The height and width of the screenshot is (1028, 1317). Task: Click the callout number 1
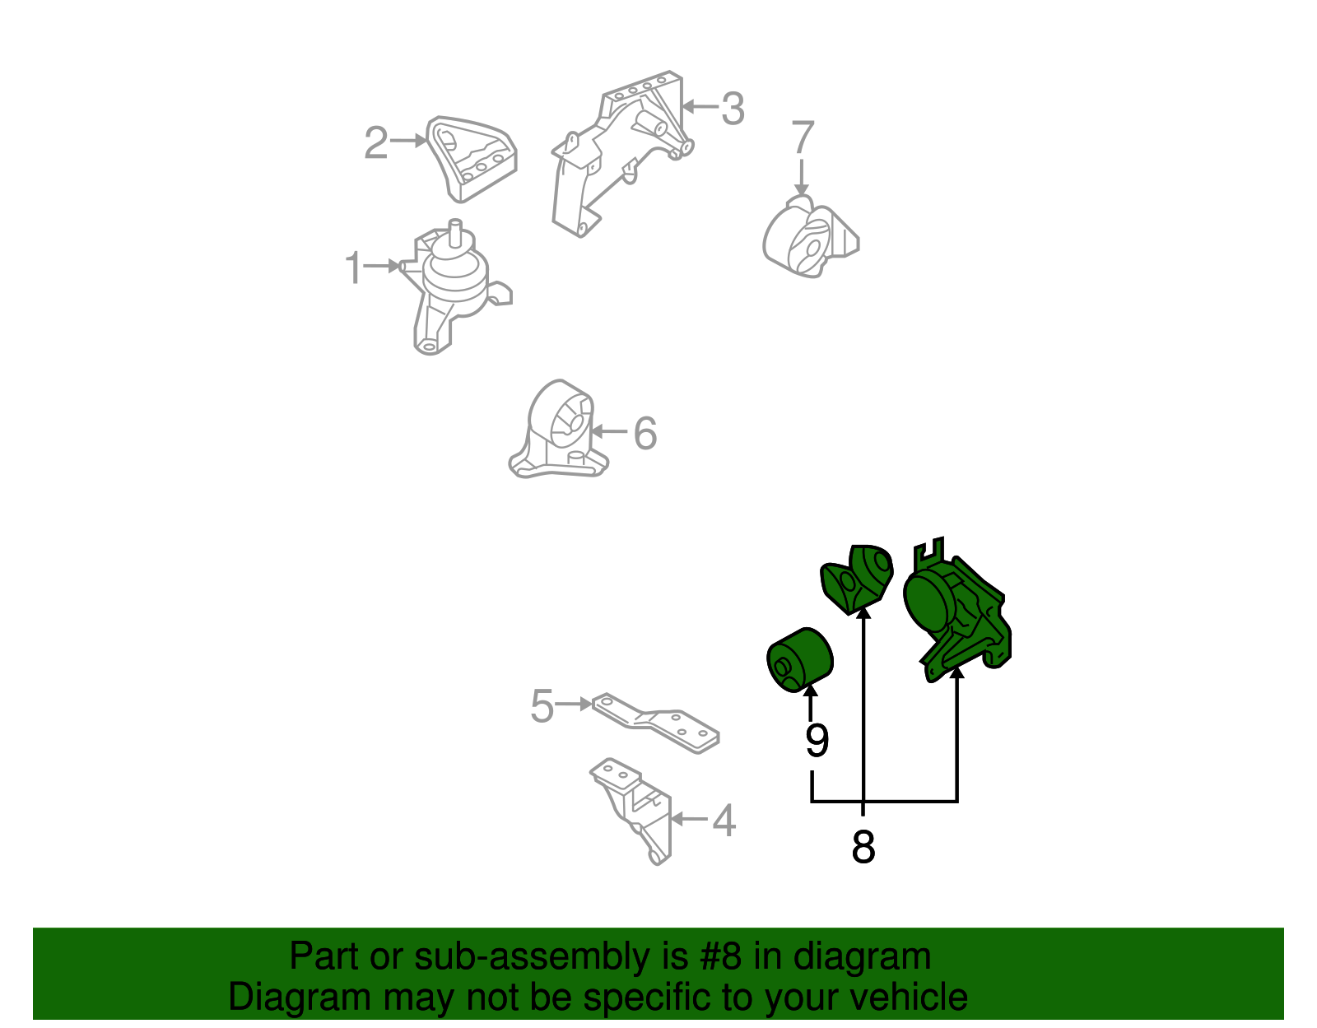(353, 267)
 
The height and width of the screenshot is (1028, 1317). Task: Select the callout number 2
(376, 143)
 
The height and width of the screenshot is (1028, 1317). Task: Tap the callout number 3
(733, 109)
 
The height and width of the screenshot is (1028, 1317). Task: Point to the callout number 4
(724, 821)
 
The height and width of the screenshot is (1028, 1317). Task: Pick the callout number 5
(542, 705)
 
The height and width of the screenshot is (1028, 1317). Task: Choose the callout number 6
(645, 434)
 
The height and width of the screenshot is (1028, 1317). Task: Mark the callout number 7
(803, 137)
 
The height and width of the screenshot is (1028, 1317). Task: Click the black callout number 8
(863, 847)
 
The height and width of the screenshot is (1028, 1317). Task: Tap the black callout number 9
(817, 740)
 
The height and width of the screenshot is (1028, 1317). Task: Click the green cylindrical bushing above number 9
(799, 660)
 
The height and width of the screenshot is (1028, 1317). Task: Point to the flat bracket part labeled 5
(655, 723)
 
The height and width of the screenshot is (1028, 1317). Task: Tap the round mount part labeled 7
(810, 237)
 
